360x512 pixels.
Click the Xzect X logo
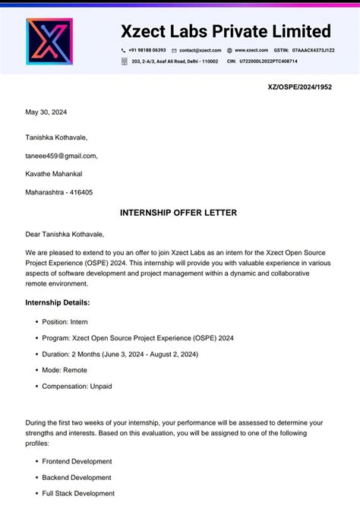coord(49,41)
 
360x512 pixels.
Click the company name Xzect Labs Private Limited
coord(226,31)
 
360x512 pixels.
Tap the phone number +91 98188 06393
coord(147,50)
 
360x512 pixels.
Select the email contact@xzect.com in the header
coord(201,50)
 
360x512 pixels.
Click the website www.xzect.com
coord(251,50)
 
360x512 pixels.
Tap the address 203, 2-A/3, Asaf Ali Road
coord(175,62)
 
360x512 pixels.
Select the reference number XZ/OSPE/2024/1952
coord(300,87)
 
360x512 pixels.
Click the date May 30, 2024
coord(46,112)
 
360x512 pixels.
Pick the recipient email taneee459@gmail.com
coord(62,156)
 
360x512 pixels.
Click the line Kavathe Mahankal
coord(54,174)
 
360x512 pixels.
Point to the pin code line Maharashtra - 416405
coord(59,192)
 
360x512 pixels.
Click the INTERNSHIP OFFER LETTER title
coord(178,213)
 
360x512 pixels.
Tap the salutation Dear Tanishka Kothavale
coord(65,234)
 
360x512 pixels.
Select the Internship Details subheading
coord(57,302)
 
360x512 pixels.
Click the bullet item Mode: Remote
coord(65,370)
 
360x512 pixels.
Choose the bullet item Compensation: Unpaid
coord(77,386)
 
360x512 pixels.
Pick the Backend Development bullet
coord(77,477)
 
